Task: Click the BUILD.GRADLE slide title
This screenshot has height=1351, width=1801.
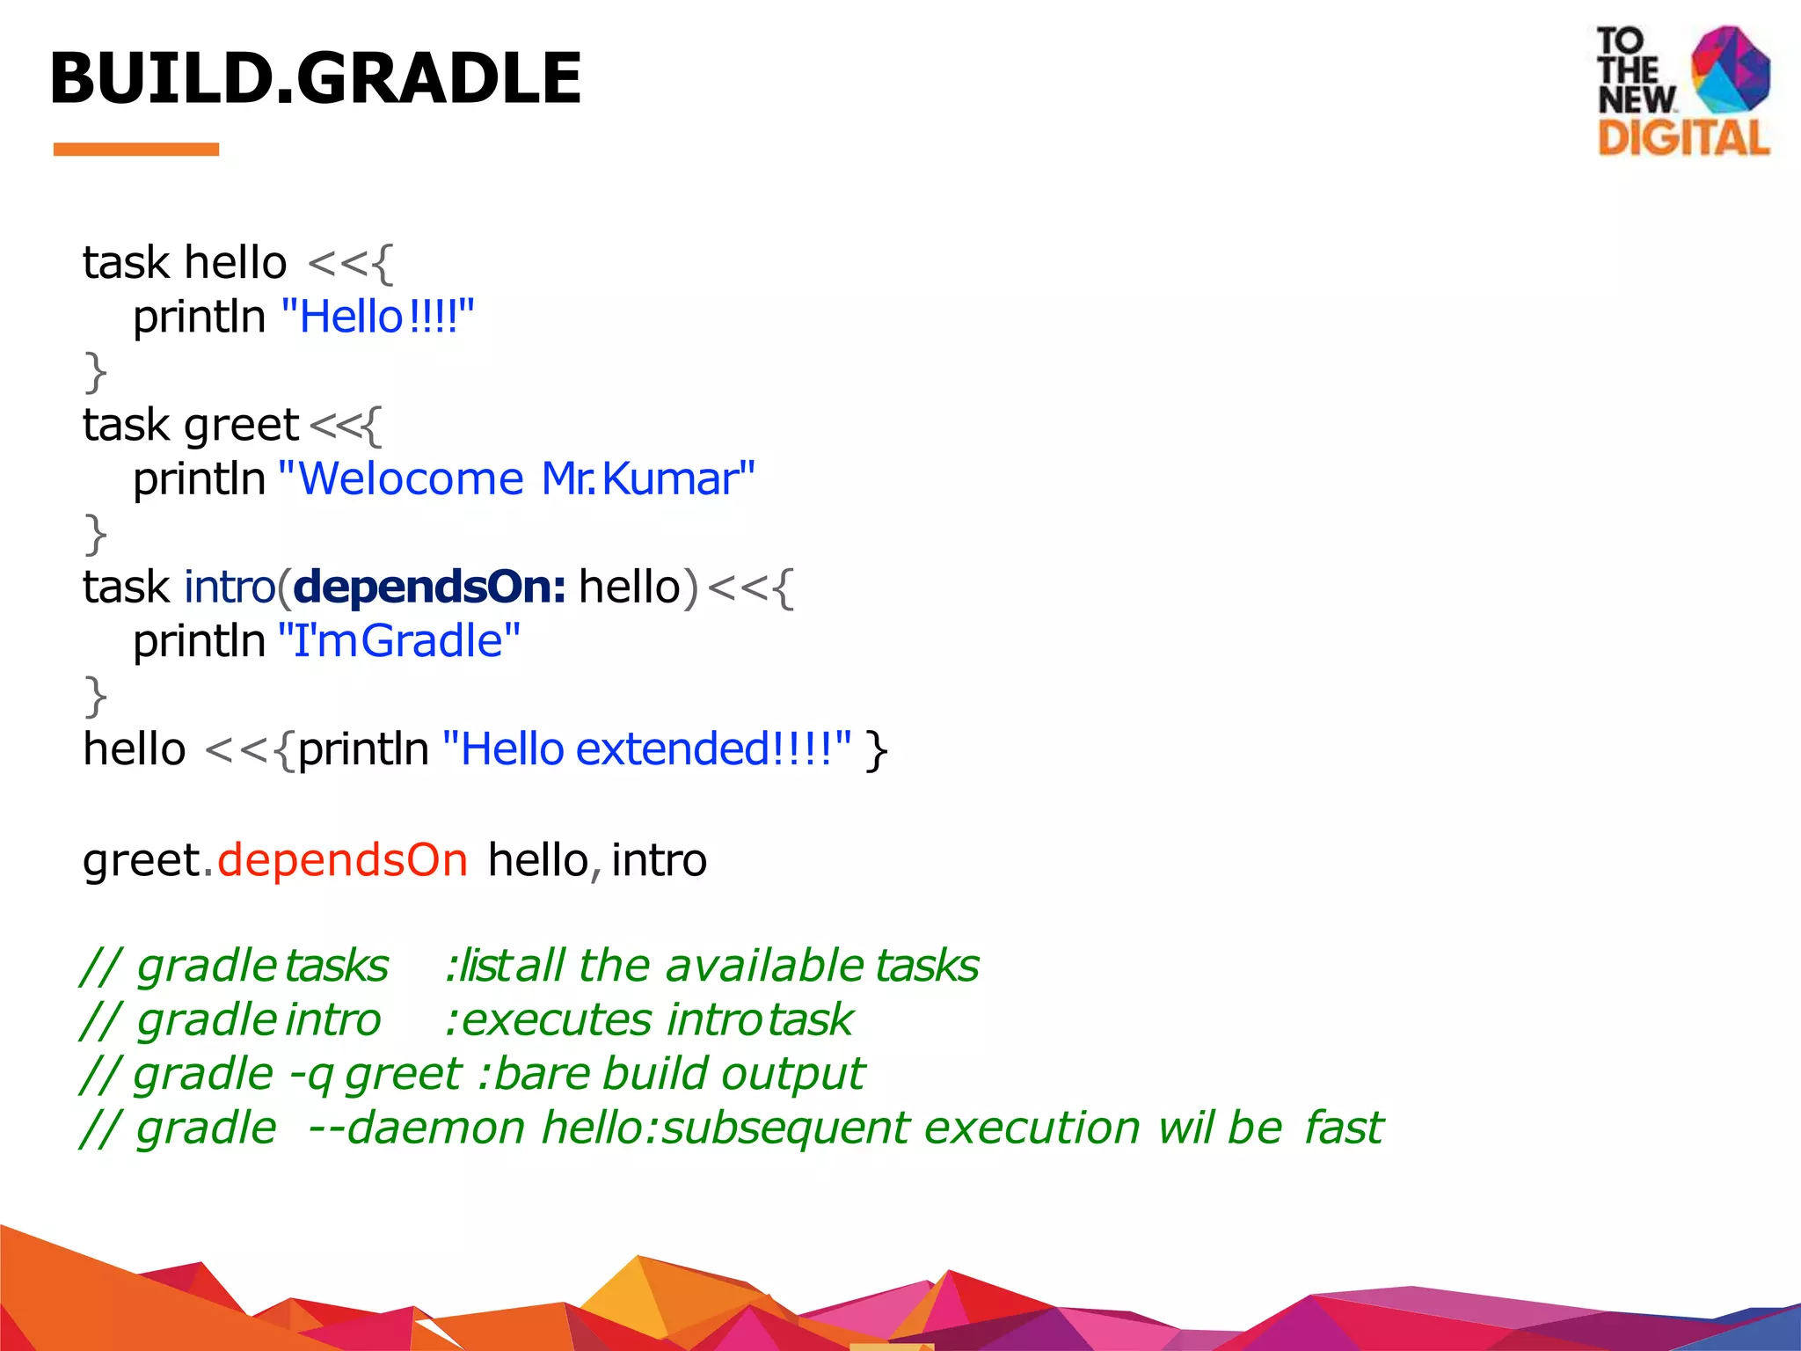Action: pyautogui.click(x=315, y=79)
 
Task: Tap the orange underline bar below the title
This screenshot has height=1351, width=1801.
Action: pyautogui.click(x=136, y=150)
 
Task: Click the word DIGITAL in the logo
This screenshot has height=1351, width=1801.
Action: pyautogui.click(x=1683, y=139)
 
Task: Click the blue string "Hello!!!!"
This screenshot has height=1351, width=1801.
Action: pyautogui.click(x=378, y=317)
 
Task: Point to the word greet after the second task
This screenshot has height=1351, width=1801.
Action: pyautogui.click(x=242, y=426)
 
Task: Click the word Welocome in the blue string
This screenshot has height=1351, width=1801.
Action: pyautogui.click(x=411, y=479)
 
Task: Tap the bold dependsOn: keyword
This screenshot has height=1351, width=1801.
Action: pyautogui.click(x=429, y=587)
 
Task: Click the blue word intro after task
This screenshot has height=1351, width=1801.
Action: pyautogui.click(x=230, y=587)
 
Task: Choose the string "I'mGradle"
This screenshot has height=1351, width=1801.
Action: pyautogui.click(x=399, y=641)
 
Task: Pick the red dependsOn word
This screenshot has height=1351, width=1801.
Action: pyautogui.click(x=342, y=860)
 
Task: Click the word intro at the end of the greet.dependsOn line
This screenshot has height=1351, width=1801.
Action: pyautogui.click(x=659, y=860)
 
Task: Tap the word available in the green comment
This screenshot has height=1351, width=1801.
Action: pyautogui.click(x=764, y=966)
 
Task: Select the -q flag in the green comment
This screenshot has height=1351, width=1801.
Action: pyautogui.click(x=310, y=1075)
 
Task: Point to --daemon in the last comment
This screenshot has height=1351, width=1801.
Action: pyautogui.click(x=417, y=1128)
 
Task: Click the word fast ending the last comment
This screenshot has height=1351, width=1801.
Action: pyautogui.click(x=1344, y=1128)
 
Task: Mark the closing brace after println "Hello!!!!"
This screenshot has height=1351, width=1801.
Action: pyautogui.click(x=95, y=372)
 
